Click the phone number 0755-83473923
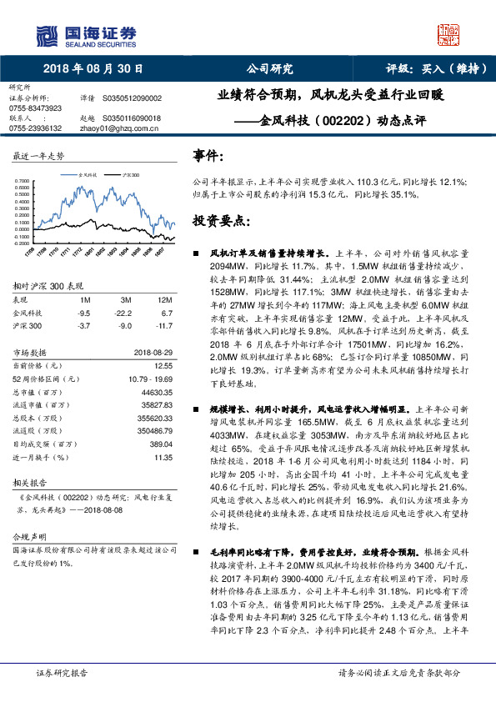tap(35, 108)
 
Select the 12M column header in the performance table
tap(164, 299)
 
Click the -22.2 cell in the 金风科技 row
tap(125, 312)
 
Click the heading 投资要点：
tap(221, 221)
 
